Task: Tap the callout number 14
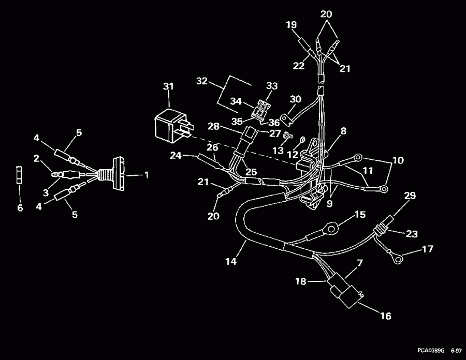tap(231, 262)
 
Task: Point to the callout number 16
tap(386, 316)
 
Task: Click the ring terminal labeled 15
tap(330, 227)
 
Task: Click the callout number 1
tap(146, 175)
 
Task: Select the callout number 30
tap(295, 99)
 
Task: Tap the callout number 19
tap(291, 24)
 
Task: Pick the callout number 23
tap(412, 234)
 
